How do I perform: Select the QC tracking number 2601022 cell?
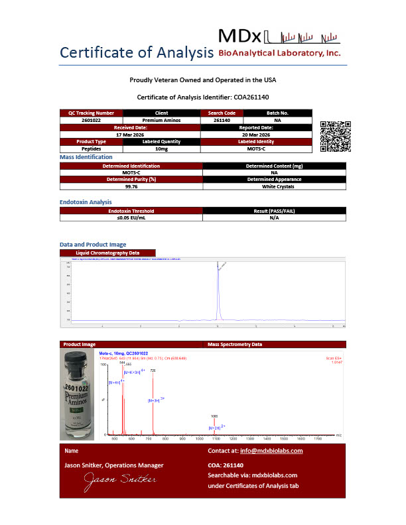click(x=91, y=120)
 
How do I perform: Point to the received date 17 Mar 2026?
click(x=130, y=134)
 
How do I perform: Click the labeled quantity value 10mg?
click(x=161, y=148)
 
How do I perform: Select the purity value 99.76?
click(x=130, y=186)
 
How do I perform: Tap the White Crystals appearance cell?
click(x=273, y=186)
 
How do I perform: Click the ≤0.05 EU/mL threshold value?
click(x=130, y=217)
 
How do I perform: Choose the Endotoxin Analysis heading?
click(x=86, y=202)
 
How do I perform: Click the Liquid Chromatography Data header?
click(x=107, y=253)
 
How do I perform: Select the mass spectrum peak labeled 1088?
click(x=214, y=424)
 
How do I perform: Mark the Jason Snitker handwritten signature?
click(x=119, y=479)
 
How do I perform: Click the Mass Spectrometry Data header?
click(x=235, y=345)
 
